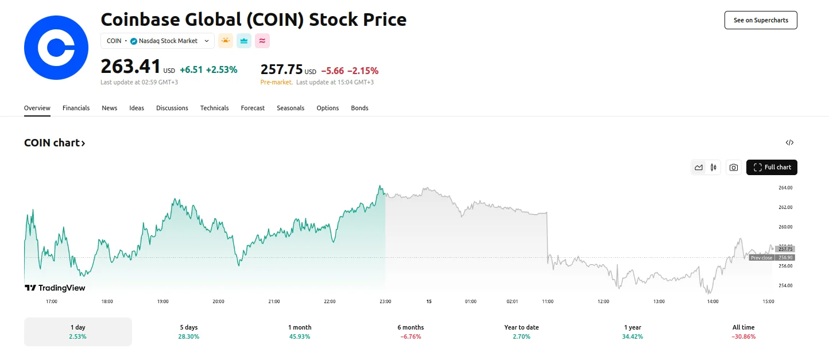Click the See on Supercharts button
[x=761, y=20]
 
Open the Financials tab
[x=76, y=108]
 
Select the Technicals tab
[x=214, y=108]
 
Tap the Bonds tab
[x=359, y=108]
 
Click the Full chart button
[x=772, y=167]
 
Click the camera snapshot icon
[x=733, y=167]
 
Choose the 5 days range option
[x=188, y=332]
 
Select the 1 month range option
[x=300, y=332]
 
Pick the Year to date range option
[x=521, y=332]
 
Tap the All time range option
[x=743, y=332]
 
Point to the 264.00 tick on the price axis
[x=785, y=188]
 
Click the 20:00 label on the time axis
[x=218, y=301]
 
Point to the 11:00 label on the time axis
[x=548, y=301]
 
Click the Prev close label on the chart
[x=761, y=258]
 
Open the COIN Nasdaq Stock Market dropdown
[x=158, y=41]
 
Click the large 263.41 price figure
[x=130, y=67]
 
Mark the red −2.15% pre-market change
[x=363, y=71]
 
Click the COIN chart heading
[x=55, y=143]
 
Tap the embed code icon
[x=789, y=143]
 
